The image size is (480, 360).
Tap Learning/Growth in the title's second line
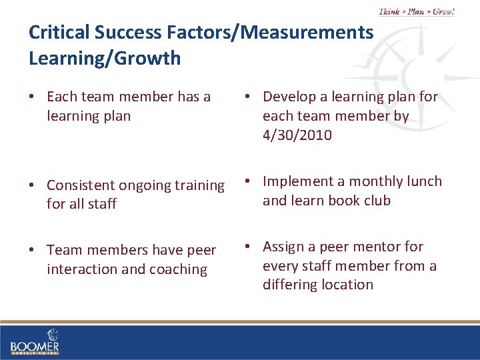pyautogui.click(x=105, y=59)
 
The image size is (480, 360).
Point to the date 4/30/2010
pyautogui.click(x=297, y=135)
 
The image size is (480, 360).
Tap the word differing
pyautogui.click(x=291, y=285)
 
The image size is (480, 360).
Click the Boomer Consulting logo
pyautogui.click(x=35, y=341)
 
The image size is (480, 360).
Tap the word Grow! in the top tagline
pyautogui.click(x=443, y=11)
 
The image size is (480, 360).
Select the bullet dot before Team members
pyautogui.click(x=32, y=251)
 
